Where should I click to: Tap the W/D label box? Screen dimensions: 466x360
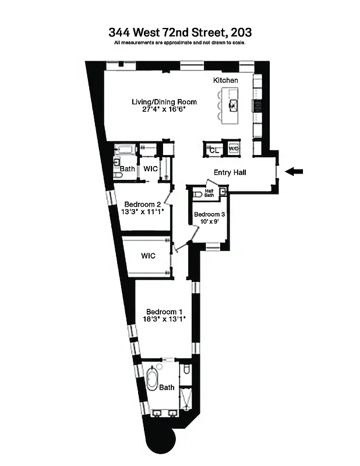coord(234,149)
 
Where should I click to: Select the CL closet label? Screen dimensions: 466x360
coord(214,150)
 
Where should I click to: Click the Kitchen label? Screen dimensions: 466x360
coord(225,80)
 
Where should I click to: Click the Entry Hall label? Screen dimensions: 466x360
coord(230,172)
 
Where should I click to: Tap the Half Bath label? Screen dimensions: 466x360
coord(210,192)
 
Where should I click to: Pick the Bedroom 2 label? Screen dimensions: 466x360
coord(142,204)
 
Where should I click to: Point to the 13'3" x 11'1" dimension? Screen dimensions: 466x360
coord(143,212)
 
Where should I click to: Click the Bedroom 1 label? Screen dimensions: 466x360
coord(164,311)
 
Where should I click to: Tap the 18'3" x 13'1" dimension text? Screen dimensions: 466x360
coord(165,319)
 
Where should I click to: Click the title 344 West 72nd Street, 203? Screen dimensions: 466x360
coord(179,33)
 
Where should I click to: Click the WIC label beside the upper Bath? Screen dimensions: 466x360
coord(151,169)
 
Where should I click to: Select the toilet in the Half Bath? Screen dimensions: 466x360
coord(197,195)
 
